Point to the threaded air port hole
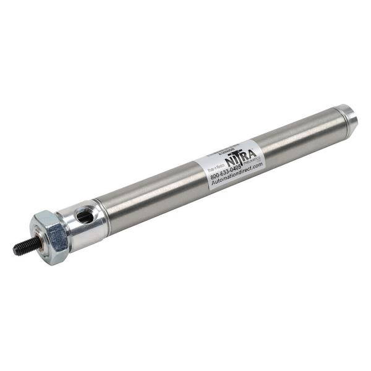tap(83, 215)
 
